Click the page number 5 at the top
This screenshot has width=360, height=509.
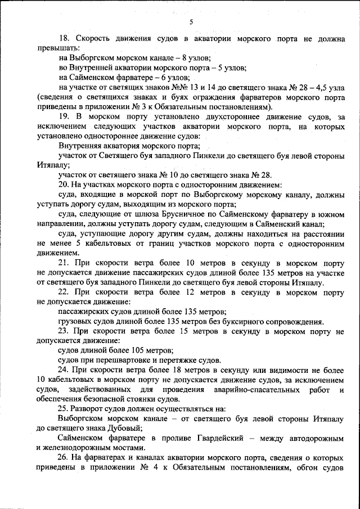pos(191,22)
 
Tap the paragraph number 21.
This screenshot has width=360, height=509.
pos(63,262)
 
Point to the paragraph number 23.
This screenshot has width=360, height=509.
pos(63,331)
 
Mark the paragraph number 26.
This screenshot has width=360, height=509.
pos(63,457)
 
